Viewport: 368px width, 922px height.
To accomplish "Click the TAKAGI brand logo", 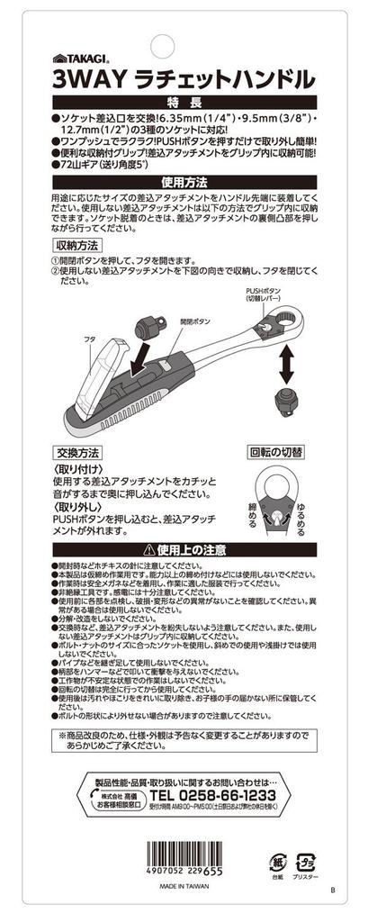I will coord(78,57).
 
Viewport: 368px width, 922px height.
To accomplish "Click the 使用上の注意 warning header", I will coord(184,549).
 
